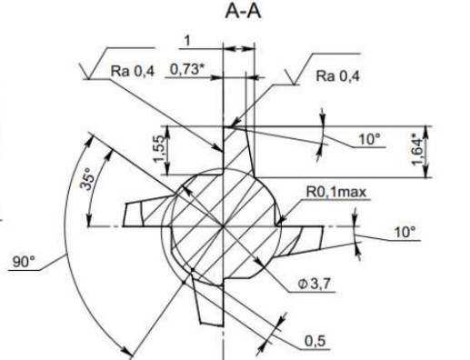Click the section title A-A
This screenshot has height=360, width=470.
[x=243, y=12]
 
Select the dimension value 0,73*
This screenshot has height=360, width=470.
[x=185, y=69]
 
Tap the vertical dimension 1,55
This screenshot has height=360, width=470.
[x=159, y=149]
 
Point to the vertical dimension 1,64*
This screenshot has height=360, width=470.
[x=417, y=152]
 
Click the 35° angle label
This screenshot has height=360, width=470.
[x=88, y=182]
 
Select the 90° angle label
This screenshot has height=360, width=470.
[x=24, y=261]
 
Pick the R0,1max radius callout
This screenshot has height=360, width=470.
[x=336, y=192]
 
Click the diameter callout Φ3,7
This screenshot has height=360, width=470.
[x=314, y=285]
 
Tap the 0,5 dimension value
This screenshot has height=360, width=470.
[x=315, y=342]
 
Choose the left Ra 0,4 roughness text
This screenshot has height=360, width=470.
[x=133, y=71]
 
